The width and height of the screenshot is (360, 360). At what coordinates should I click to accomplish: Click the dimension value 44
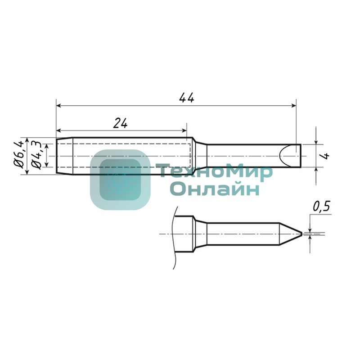pos(186,98)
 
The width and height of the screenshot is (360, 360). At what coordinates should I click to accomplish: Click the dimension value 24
pos(120,123)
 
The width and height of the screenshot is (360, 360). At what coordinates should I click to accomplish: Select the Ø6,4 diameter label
pos(19,154)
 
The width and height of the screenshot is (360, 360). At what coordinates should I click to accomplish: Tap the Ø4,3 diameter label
pos(36,155)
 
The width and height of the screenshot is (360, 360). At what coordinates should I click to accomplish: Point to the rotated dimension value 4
pos(325,156)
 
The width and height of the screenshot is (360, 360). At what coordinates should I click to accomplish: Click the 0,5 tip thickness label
pos(321,207)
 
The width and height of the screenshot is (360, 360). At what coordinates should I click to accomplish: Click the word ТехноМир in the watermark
pos(215,171)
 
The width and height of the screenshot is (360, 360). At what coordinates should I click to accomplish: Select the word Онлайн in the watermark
pos(215,189)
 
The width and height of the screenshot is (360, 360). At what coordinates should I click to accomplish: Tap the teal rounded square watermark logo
pos(120,180)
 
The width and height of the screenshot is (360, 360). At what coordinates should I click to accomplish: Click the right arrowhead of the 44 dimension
pos(294,106)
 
